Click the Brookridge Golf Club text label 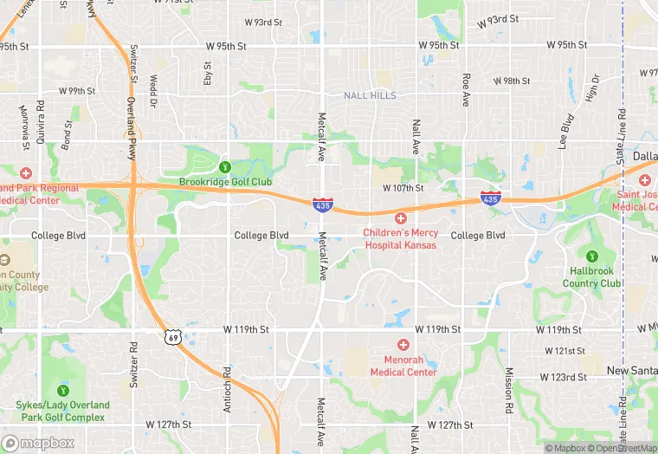tap(225, 182)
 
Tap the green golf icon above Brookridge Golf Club tap(225, 166)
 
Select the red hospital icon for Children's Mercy tap(401, 218)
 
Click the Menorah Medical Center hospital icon tap(403, 345)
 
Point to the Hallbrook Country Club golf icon tap(592, 256)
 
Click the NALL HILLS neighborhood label tap(370, 95)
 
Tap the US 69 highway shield tap(174, 336)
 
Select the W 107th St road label tap(403, 187)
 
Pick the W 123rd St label tap(564, 377)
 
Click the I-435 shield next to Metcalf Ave tap(321, 204)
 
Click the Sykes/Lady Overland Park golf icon tap(61, 391)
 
